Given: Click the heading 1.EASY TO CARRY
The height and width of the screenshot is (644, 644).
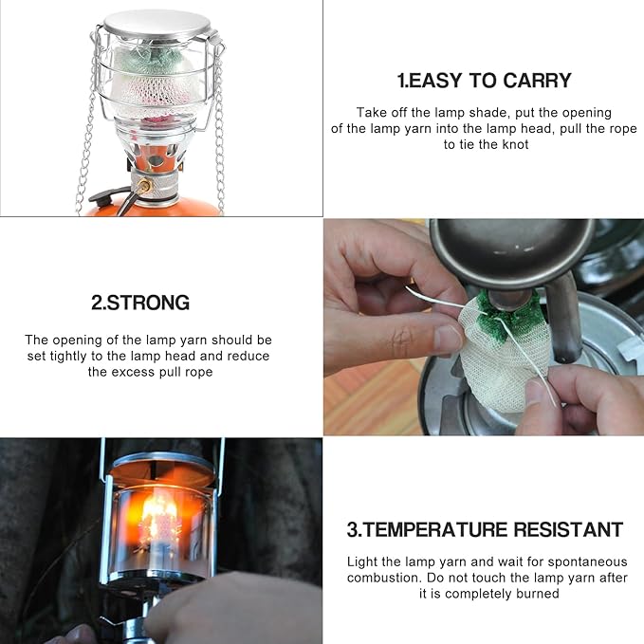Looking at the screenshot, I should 484,80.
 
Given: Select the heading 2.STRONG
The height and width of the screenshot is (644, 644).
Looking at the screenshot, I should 140,304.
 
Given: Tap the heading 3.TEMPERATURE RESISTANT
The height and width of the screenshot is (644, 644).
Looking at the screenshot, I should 485,529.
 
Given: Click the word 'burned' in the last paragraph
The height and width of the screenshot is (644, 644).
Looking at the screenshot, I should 540,594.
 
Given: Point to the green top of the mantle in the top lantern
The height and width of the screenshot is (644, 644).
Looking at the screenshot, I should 153,59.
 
